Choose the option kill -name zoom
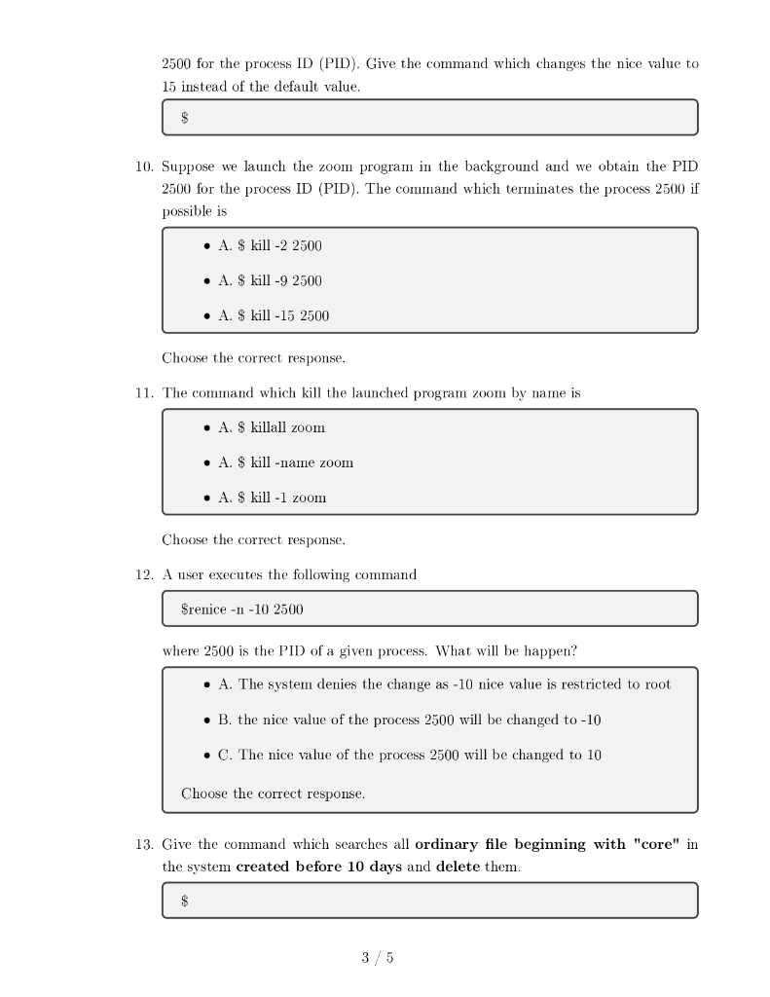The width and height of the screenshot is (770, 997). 278,462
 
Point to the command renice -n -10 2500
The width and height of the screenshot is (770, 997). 242,609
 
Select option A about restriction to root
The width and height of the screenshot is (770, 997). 437,684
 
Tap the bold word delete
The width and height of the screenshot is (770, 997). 458,867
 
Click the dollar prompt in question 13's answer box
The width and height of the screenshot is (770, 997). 185,901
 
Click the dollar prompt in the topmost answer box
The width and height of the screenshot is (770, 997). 185,118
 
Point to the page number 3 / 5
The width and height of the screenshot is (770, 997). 378,958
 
